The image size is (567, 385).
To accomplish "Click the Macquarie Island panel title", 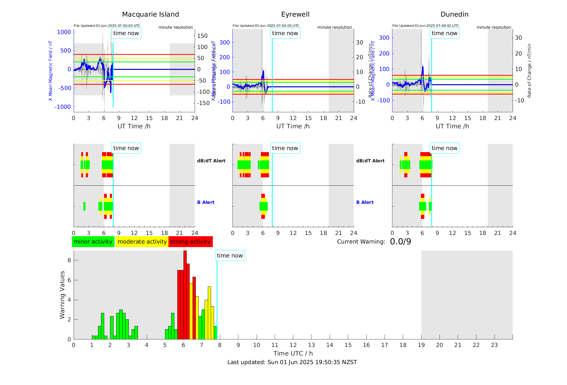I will pos(150,14).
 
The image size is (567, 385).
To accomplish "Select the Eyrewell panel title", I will pos(295,14).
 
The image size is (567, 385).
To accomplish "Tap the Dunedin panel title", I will pos(454,14).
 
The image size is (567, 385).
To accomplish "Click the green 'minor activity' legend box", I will pos(93,242).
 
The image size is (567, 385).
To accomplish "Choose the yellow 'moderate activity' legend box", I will pos(142,242).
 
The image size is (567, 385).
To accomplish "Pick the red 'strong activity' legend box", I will pos(190,242).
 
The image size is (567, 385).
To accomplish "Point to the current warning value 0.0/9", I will pos(400,242).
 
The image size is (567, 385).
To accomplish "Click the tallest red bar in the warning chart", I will pos(185,295).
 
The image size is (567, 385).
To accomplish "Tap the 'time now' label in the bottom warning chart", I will pos(230,256).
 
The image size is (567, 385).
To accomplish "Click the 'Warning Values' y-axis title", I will pos(62,295).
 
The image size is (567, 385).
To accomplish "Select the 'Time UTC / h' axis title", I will pos(293,353).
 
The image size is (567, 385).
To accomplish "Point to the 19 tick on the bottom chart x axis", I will pos(421,345).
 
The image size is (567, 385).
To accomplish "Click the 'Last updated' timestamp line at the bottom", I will pos(292,362).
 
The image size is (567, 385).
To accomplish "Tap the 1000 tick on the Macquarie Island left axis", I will pos(64,32).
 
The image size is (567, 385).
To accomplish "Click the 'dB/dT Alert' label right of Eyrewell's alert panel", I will pos(370,161).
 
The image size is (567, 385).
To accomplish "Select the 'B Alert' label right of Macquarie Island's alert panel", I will pos(206,202).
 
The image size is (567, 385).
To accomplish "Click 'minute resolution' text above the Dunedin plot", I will pos(494,27).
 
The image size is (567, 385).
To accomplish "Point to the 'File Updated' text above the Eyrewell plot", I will pos(266,26).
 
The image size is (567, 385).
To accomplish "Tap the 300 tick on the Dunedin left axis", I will pos(384,38).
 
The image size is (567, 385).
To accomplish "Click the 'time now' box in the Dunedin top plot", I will pos(444,33).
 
